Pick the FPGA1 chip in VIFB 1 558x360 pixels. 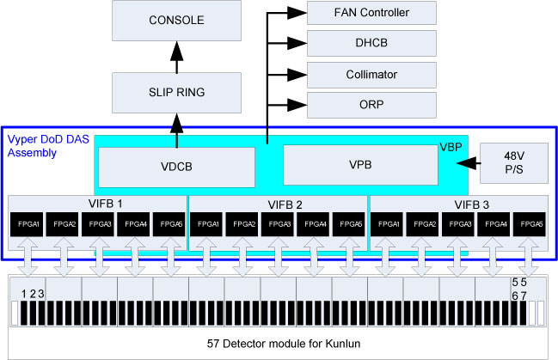pos(26,223)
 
